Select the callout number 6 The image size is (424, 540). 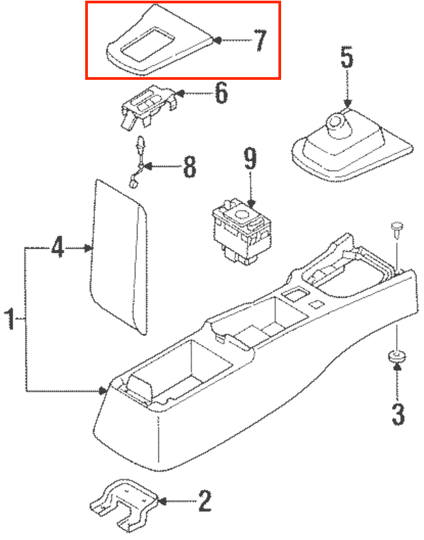221,93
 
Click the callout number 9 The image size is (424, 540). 250,160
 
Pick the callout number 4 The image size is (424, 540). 58,248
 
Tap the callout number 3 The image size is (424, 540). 398,414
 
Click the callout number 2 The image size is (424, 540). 205,500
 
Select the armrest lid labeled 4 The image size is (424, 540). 121,255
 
